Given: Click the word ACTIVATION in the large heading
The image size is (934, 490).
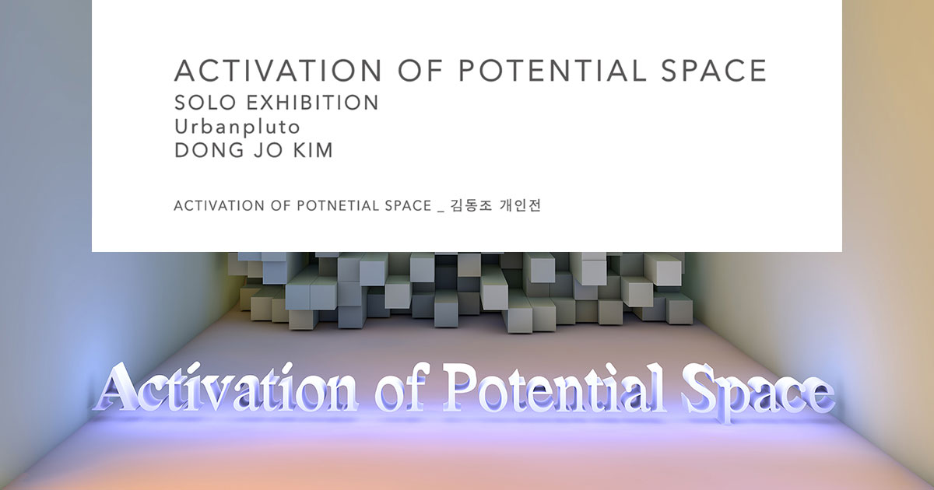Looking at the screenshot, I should click(x=278, y=71).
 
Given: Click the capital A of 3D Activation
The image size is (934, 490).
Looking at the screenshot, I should click(x=117, y=389).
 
